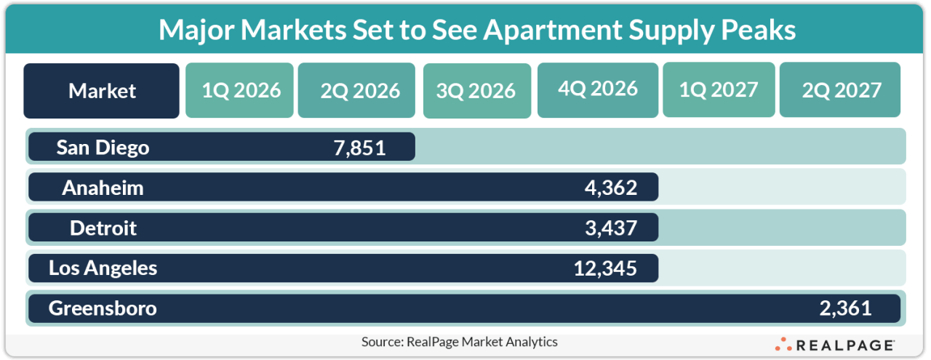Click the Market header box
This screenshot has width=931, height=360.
[x=101, y=91]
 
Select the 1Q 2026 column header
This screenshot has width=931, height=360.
[x=239, y=90]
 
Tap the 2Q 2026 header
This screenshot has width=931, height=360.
[x=356, y=90]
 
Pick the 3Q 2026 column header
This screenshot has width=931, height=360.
[x=476, y=91]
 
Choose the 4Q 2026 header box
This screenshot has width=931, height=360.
[x=598, y=89]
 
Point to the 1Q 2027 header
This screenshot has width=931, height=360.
[x=719, y=89]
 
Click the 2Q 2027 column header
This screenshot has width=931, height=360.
[x=840, y=90]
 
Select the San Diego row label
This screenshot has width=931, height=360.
[x=103, y=148]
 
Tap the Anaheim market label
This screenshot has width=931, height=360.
[x=103, y=188]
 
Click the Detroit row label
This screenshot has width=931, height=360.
[x=103, y=228]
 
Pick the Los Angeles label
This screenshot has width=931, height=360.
[x=103, y=268]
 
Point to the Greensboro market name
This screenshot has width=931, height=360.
[x=103, y=308]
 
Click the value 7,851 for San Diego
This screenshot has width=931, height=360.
[x=356, y=148]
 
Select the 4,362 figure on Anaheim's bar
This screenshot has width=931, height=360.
[x=610, y=188]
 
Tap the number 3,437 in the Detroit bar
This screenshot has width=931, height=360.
[x=610, y=228]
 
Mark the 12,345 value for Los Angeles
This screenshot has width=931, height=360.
[x=604, y=268]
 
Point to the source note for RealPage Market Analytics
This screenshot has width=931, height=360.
[x=459, y=341]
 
